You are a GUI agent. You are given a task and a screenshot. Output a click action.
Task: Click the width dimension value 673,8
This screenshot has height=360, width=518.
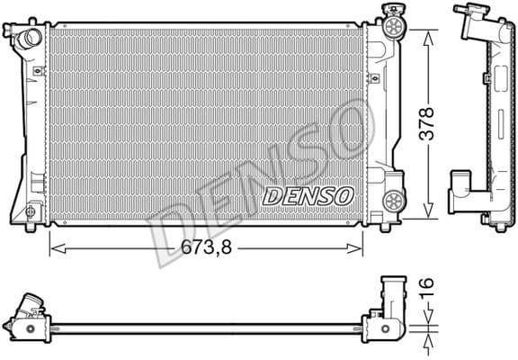(206, 245)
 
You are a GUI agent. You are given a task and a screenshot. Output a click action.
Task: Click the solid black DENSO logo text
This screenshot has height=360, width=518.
(308, 194)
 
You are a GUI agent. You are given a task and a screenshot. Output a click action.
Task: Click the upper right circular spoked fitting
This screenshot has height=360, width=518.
(392, 27)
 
